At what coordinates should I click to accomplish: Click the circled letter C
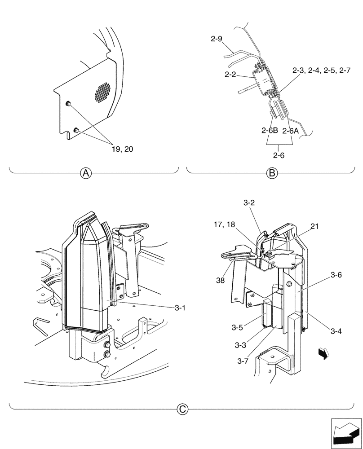[x=182, y=409]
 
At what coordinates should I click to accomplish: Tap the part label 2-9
[x=217, y=39]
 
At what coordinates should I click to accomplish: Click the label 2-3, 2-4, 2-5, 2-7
[x=321, y=70]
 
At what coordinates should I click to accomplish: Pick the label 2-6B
[x=270, y=131]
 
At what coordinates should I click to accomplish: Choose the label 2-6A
[x=290, y=131]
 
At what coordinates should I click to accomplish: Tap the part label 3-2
[x=249, y=203]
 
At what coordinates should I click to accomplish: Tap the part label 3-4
[x=336, y=331]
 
